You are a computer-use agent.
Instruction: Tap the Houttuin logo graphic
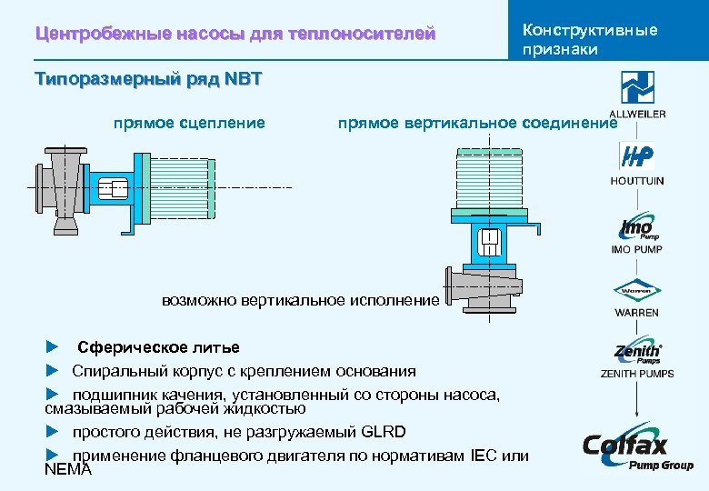coord(636,156)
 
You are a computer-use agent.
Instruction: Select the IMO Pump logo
coord(636,226)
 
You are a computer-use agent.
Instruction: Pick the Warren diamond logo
coord(636,292)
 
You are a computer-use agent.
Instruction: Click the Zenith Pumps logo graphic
coord(637,353)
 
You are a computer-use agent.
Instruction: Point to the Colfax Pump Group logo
coord(637,449)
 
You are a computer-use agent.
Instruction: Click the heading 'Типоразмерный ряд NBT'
coord(148,78)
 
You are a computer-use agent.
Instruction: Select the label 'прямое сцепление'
coord(189,123)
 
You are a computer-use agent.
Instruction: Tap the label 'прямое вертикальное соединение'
coord(477,123)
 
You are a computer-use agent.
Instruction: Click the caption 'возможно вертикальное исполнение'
coord(301,300)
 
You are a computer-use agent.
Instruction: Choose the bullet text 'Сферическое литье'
coord(158,347)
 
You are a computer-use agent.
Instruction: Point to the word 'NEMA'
coord(68,469)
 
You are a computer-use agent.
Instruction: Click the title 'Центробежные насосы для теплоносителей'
coord(235,35)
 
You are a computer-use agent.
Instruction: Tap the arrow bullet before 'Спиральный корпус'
coord(52,371)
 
